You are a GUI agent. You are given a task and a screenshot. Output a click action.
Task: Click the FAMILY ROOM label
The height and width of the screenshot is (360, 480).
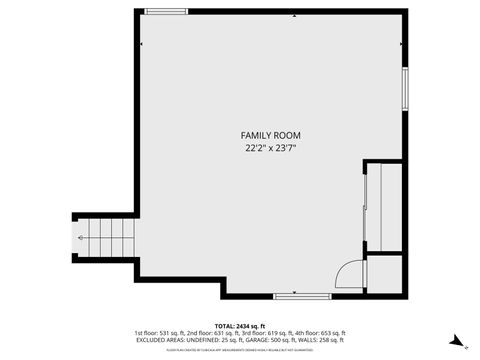coord(270,135)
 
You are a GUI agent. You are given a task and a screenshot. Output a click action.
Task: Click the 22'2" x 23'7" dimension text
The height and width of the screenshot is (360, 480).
coord(270,148)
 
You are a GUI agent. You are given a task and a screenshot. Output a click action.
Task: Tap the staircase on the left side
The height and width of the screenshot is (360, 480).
coord(103,240)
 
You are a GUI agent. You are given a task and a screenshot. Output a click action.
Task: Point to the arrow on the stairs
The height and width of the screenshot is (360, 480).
coord(81,240)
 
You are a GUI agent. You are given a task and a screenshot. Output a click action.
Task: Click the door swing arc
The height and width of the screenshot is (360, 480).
coord(347,273)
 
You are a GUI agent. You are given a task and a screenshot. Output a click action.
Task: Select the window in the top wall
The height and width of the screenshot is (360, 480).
coord(166,11)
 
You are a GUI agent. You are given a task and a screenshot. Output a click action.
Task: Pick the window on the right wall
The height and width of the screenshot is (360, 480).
coord(404,90)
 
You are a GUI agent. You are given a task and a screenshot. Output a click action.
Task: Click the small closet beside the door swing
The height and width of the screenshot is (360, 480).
coord(384,271)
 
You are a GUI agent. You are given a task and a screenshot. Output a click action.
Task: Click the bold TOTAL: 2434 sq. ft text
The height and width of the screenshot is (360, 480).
coord(240,326)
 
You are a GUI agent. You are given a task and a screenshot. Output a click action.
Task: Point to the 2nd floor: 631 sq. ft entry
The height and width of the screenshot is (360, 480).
coord(210,333)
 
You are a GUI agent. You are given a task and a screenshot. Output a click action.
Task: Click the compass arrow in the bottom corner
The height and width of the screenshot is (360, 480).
coord(457,340)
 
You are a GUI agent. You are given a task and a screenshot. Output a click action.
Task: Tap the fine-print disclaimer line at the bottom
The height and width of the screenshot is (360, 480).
coord(240,349)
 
